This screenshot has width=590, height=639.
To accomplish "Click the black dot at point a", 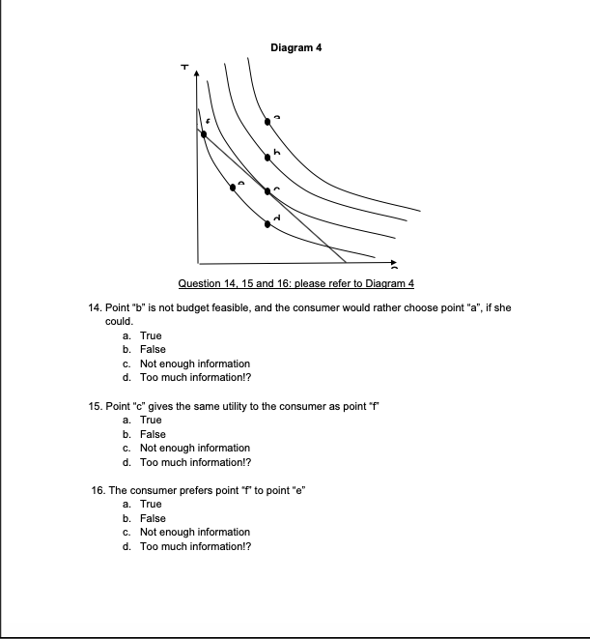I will [268, 122].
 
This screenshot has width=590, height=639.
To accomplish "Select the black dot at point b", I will [268, 157].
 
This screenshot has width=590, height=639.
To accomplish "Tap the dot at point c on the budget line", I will [268, 190].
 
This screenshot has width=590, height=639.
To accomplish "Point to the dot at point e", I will [232, 188].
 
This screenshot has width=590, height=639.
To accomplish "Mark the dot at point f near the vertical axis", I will [203, 134].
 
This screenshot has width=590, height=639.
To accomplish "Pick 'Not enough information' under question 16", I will [194, 533].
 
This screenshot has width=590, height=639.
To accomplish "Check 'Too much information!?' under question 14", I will [194, 378].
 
